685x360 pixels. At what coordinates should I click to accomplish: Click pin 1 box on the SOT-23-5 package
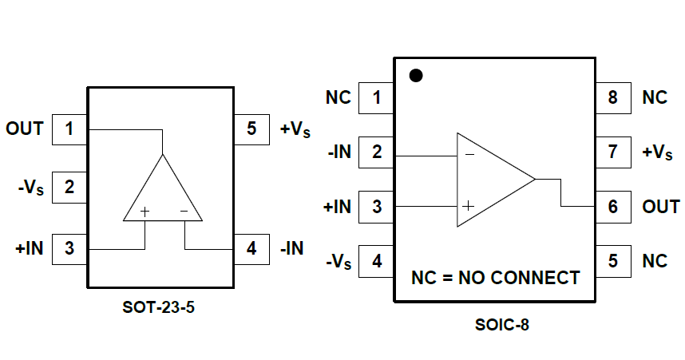point(69,129)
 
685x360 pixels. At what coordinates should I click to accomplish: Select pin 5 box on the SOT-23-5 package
point(251,129)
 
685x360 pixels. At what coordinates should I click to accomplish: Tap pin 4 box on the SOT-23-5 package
point(251,248)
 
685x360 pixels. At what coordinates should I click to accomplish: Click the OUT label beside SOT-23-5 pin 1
point(25,129)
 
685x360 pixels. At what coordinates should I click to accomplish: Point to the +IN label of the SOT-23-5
point(28,248)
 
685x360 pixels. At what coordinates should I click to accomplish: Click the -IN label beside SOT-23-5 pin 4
point(292,248)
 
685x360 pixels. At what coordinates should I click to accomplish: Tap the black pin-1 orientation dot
point(415,76)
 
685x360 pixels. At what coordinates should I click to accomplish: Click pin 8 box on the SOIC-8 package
point(612,98)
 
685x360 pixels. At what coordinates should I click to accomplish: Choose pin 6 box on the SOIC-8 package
point(612,206)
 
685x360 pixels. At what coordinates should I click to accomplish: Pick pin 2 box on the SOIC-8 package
point(377,152)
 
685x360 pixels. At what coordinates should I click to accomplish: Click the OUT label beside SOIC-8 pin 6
point(661,206)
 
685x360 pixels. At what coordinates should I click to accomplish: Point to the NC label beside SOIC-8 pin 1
point(339,98)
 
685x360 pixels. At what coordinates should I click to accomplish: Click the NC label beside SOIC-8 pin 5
point(655,260)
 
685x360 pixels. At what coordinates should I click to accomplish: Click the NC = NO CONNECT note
point(495,279)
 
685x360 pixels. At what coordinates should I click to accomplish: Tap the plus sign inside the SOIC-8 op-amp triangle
point(469,206)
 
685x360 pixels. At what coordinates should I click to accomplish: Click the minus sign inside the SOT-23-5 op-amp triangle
point(184,212)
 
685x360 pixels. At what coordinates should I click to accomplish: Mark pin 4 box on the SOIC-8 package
point(377,260)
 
